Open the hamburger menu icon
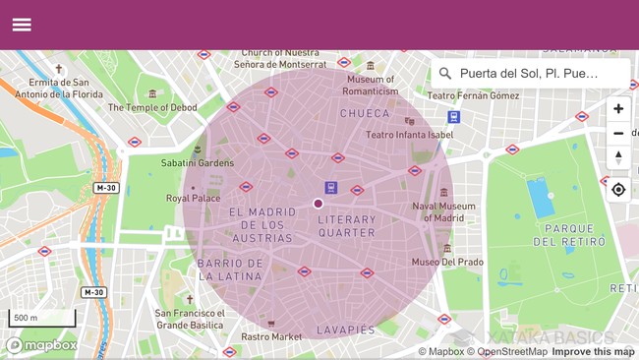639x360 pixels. click(22, 25)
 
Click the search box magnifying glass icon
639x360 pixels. click(445, 73)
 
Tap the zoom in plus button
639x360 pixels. click(617, 109)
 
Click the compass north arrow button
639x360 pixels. click(617, 157)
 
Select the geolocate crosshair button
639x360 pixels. click(617, 189)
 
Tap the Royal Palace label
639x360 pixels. click(193, 198)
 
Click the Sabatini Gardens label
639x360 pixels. click(198, 162)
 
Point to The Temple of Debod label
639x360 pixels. click(152, 107)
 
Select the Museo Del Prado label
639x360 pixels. click(447, 262)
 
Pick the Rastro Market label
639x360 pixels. click(271, 336)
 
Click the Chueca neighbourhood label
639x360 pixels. click(365, 113)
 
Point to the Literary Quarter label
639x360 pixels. click(347, 226)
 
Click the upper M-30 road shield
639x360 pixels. click(106, 188)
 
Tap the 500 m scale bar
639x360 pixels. click(42, 319)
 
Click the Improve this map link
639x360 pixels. click(593, 351)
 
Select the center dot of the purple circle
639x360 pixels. click(319, 204)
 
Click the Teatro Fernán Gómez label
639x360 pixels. click(474, 95)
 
